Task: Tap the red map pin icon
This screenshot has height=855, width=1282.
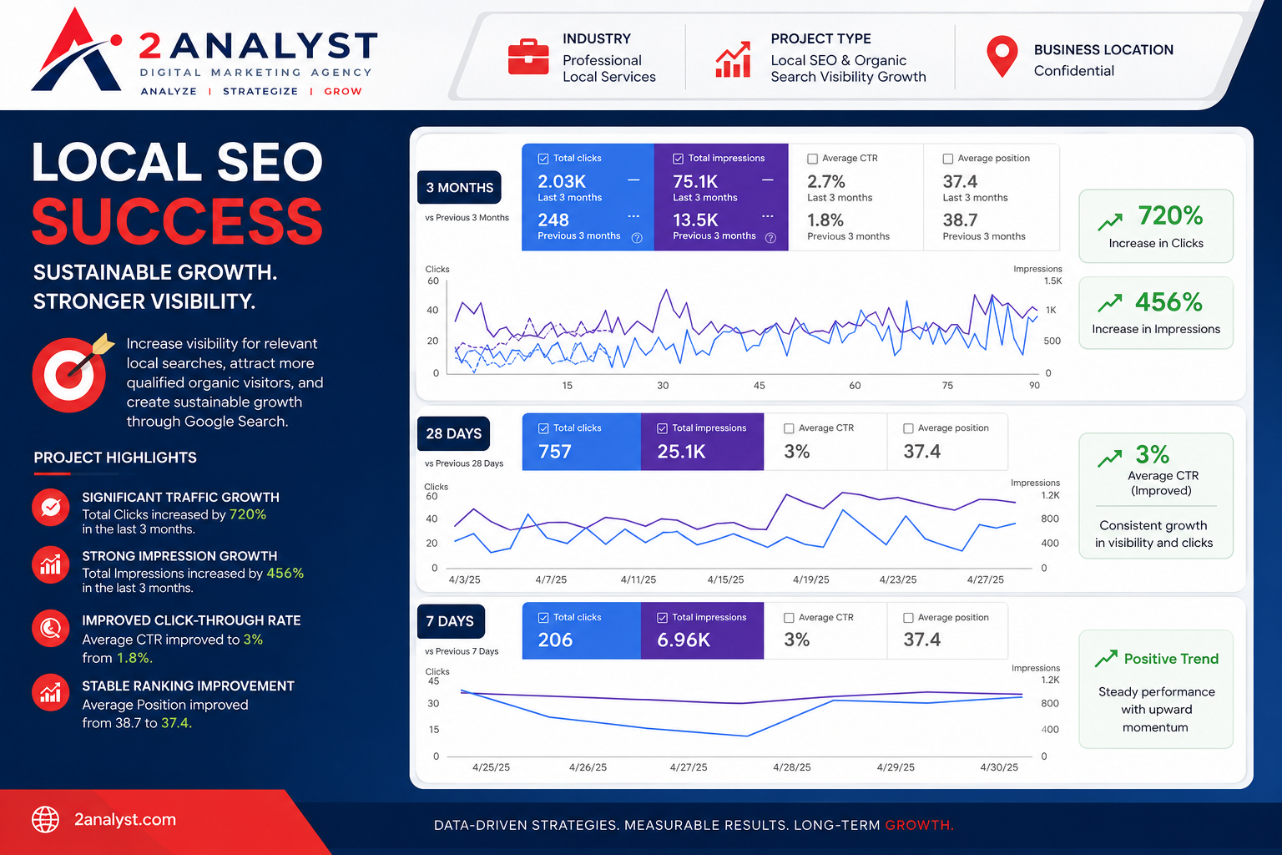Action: [1002, 56]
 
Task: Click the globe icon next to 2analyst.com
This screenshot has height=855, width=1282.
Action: [45, 819]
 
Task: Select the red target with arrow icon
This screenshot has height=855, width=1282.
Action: [72, 372]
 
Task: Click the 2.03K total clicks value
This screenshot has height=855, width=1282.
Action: [562, 181]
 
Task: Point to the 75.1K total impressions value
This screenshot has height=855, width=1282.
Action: [694, 181]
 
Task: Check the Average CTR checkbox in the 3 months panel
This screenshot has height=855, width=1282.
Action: [812, 159]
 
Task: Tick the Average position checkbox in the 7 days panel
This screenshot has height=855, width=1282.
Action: [908, 618]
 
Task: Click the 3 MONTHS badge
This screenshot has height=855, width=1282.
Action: [459, 187]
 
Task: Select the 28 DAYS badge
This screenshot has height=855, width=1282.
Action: [453, 433]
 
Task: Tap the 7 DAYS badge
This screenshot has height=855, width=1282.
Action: [451, 621]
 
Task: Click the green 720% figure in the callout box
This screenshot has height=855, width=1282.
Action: [1170, 216]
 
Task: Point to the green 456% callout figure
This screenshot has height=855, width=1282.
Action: [1168, 302]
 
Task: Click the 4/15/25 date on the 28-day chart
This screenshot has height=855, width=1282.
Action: [725, 579]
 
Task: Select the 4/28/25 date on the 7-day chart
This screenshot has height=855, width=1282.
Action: [791, 767]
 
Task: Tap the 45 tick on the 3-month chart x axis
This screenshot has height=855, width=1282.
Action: [759, 386]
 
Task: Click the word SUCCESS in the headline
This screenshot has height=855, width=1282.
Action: [178, 221]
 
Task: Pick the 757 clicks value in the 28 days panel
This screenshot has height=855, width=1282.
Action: [554, 452]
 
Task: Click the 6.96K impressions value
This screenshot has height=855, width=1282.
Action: [684, 640]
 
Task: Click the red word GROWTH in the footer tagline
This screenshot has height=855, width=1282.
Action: [919, 825]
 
